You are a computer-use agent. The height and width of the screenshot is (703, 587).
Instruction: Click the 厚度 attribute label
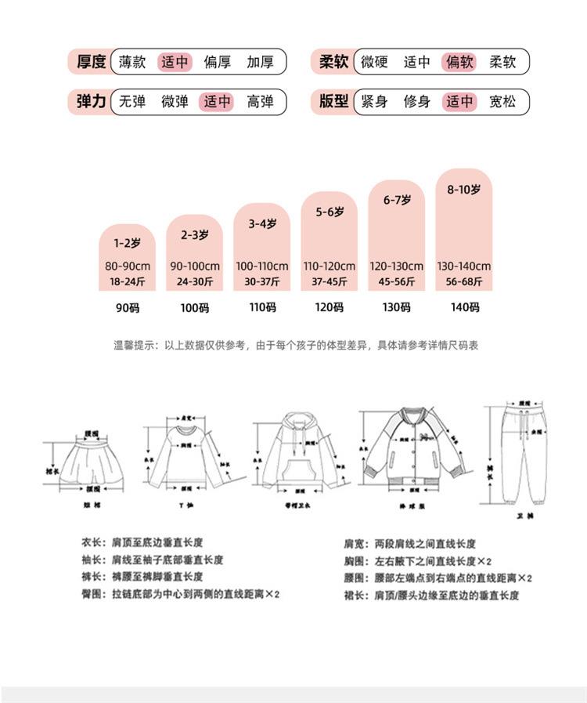pos(91,61)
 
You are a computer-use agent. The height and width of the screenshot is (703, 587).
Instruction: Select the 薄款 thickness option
pos(132,61)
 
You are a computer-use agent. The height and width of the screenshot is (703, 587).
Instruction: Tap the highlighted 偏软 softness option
pos(459,61)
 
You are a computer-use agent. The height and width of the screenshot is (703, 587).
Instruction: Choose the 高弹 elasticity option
pos(260,101)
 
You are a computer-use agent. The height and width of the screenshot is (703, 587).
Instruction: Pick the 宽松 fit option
pos(502,101)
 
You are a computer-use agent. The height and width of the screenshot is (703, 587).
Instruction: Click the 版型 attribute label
pos(334,101)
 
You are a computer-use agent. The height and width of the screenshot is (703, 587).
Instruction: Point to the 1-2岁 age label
pos(127,243)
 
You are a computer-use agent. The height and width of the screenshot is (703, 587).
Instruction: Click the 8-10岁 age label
pos(463,190)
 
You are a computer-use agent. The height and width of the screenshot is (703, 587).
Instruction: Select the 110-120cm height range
pos(330,266)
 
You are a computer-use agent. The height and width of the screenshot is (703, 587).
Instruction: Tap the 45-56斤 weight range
pos(397,281)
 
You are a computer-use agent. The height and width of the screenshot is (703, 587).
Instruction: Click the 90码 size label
pos(127,308)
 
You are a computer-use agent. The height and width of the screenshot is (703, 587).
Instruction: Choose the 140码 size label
pos(464,307)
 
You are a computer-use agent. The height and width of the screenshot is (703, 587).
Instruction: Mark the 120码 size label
pos(330,307)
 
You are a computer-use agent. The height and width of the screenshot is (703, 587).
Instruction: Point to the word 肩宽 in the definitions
pos(354,543)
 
